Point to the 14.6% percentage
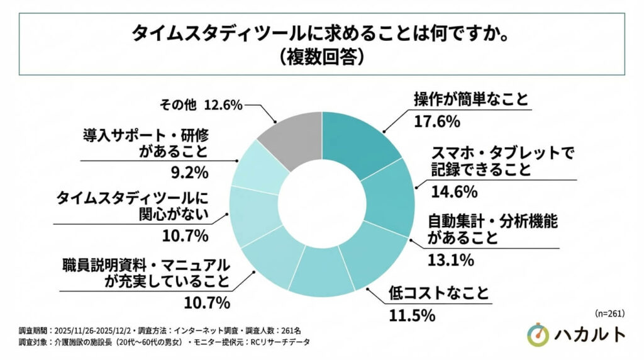[x=449, y=191]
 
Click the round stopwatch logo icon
[x=538, y=335]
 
